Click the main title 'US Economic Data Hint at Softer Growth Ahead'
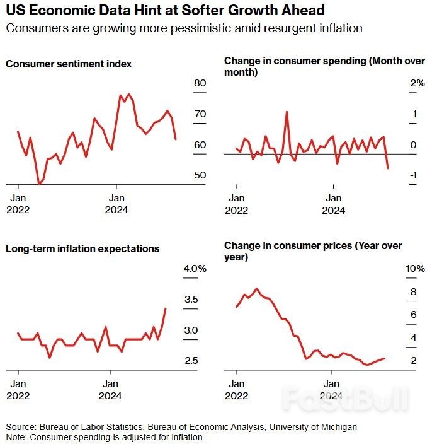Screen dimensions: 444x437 pyautogui.click(x=165, y=11)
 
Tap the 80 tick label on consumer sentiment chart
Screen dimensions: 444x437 pyautogui.click(x=200, y=83)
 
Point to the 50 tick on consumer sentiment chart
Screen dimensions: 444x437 pyautogui.click(x=200, y=174)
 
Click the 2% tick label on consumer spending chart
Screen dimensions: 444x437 pyautogui.click(x=417, y=83)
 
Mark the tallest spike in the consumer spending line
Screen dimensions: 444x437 pyautogui.click(x=287, y=112)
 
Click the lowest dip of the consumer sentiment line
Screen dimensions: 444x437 pyautogui.click(x=39, y=184)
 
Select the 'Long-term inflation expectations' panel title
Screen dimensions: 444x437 pyautogui.click(x=82, y=248)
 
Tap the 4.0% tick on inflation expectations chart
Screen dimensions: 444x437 pyautogui.click(x=195, y=269)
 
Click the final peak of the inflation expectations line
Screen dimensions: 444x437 pyautogui.click(x=166, y=308)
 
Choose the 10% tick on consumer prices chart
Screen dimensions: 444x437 pyautogui.click(x=415, y=269)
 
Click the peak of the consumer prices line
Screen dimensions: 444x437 pyautogui.click(x=257, y=289)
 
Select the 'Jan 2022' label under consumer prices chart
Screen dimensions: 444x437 pyautogui.click(x=237, y=389)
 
